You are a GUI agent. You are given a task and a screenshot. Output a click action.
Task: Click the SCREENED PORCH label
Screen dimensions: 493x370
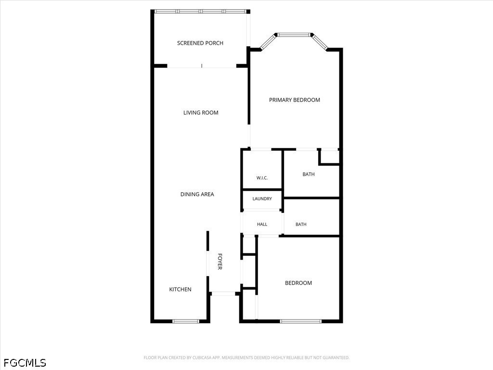click(200, 43)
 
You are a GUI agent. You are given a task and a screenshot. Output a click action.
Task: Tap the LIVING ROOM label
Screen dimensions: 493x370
click(201, 113)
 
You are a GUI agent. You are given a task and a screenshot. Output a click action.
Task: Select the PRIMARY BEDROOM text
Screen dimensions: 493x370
click(295, 100)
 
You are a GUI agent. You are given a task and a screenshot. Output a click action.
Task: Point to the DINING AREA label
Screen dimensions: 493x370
click(197, 195)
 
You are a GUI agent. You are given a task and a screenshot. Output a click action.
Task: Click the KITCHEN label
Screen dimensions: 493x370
click(180, 290)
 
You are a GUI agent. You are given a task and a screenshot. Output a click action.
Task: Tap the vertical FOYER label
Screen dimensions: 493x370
click(220, 262)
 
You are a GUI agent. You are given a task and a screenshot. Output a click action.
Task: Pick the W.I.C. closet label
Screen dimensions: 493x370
click(262, 178)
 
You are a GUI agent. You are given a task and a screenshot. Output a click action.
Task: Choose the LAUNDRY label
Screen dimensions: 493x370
click(262, 199)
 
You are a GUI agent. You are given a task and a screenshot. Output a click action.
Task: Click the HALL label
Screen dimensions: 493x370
click(262, 225)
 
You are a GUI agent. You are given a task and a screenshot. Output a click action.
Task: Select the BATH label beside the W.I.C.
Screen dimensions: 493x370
click(309, 174)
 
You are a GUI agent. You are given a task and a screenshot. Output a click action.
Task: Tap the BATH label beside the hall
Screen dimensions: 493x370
click(301, 225)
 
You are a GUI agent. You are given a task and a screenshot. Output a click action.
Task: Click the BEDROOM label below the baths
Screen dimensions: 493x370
click(298, 283)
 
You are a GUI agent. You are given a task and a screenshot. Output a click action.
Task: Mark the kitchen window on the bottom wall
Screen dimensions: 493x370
click(186, 321)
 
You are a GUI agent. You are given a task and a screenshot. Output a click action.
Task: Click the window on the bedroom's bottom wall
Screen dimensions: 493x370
click(301, 321)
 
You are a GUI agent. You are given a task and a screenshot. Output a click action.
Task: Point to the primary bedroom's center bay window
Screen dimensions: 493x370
click(294, 35)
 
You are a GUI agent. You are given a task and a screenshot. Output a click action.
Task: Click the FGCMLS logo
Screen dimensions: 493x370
click(25, 363)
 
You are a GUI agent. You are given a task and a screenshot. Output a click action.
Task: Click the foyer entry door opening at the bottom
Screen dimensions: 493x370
click(223, 294)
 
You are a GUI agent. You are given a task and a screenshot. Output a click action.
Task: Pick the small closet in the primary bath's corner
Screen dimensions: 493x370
click(329, 157)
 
